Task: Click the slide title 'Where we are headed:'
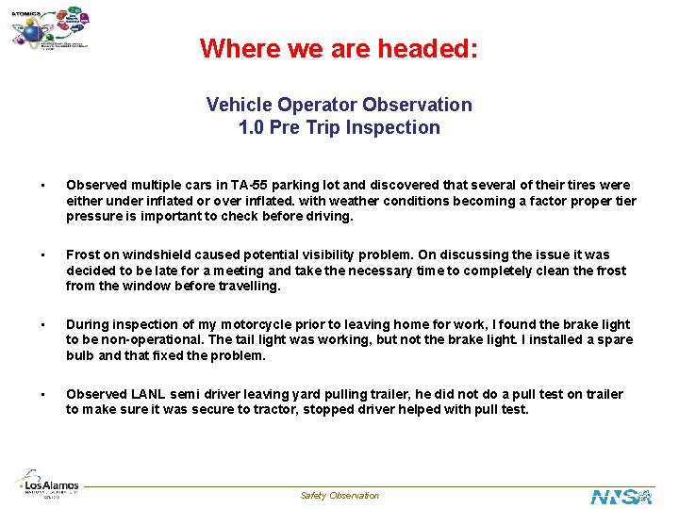(x=339, y=48)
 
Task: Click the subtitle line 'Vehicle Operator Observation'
(x=339, y=105)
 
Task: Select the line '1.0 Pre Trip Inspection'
(x=339, y=127)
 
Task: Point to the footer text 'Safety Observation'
(x=339, y=496)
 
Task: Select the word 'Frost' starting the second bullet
(x=83, y=254)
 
